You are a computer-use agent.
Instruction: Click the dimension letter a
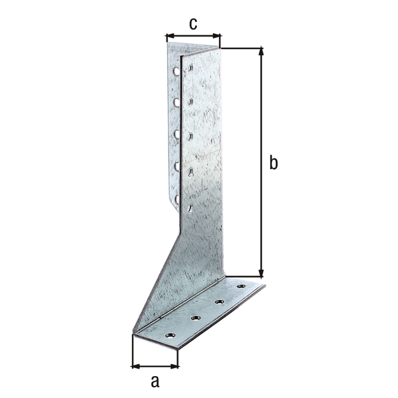[x=155, y=381]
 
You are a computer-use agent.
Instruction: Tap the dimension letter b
[x=273, y=163]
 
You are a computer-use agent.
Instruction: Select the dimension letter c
[x=193, y=24]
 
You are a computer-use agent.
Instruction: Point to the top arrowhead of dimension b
[x=261, y=50]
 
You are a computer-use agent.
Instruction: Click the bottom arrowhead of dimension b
[x=261, y=273]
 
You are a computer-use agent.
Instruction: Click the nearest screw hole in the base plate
[x=170, y=336]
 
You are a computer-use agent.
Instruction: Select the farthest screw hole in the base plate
[x=241, y=287]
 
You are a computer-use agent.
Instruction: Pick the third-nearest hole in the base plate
[x=219, y=302]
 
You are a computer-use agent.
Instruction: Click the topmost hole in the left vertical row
[x=176, y=70]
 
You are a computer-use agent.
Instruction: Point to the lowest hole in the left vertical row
[x=176, y=198]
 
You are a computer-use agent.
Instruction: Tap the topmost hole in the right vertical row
[x=190, y=68]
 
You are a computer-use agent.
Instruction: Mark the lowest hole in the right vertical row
[x=190, y=208]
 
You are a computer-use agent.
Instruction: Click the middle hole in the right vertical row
[x=190, y=137]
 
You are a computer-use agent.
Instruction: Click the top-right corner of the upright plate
[x=220, y=48]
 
